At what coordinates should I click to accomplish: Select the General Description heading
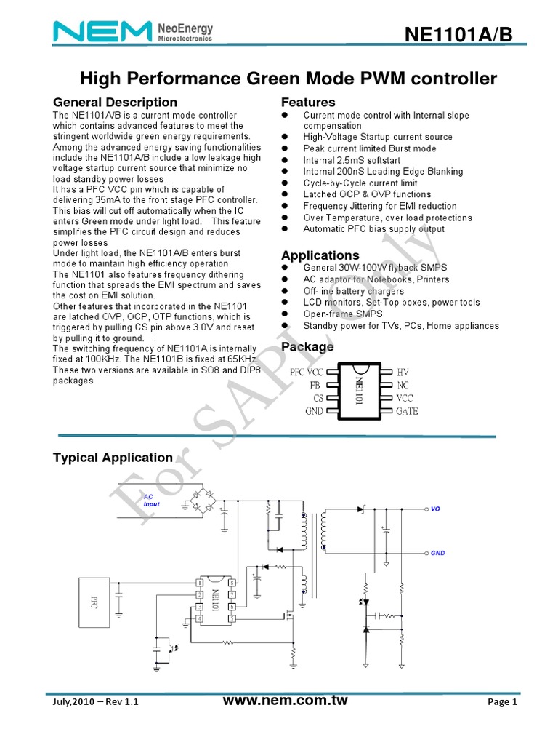[116, 103]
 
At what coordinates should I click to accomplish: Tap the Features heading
[308, 103]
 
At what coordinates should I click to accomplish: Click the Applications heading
[320, 255]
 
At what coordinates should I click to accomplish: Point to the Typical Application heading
[113, 458]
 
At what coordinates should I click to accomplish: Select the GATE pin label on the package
[407, 411]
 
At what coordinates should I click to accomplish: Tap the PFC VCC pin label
[306, 372]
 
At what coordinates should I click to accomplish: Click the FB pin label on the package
[315, 385]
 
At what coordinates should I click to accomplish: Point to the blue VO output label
[435, 509]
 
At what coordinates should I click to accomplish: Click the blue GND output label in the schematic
[437, 552]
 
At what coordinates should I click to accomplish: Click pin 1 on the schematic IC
[198, 583]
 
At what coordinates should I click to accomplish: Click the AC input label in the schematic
[152, 499]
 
